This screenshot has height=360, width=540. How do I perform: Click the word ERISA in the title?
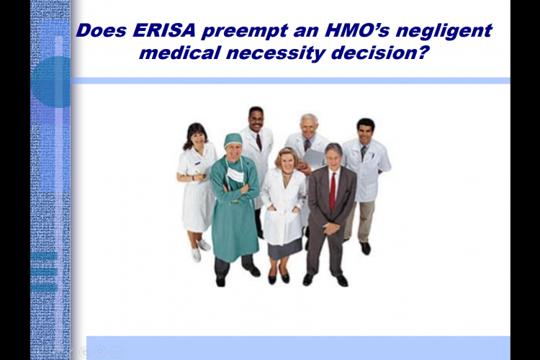point(164,30)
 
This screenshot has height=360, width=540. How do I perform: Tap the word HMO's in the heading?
point(357,30)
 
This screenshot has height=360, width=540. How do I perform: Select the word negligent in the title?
point(444,31)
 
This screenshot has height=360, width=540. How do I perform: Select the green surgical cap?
point(233,140)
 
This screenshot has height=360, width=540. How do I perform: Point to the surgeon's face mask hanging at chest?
point(236,174)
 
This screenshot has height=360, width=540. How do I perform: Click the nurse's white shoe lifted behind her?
point(204,245)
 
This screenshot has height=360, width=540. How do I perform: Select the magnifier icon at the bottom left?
point(101,352)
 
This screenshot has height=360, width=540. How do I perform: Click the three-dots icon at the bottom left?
point(117,352)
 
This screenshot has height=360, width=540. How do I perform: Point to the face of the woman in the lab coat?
point(287,161)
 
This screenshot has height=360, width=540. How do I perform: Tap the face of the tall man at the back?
point(256,121)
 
